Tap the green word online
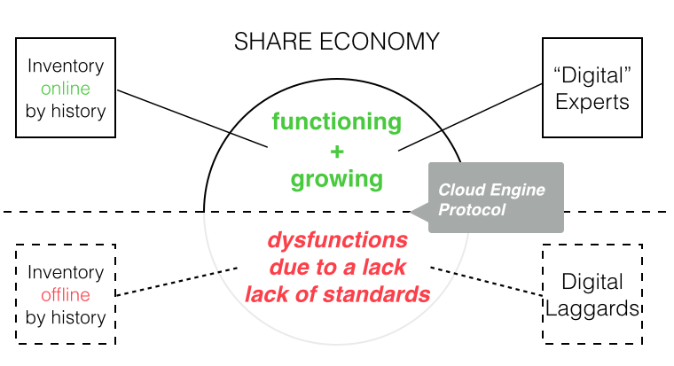pos(66,89)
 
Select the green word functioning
pos(336,121)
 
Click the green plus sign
pos(336,150)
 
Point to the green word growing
pos(336,179)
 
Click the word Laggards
pos(592,308)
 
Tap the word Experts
pos(592,101)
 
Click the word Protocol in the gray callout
pos(471,211)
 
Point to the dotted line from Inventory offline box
pos(177,281)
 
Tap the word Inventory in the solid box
pos(66,66)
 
